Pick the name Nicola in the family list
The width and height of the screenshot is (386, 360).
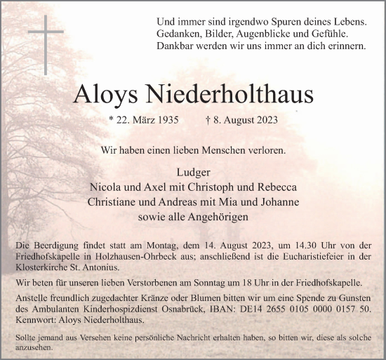[106, 188]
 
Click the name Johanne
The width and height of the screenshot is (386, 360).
[279, 202]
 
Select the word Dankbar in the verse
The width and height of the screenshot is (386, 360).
[178, 46]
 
